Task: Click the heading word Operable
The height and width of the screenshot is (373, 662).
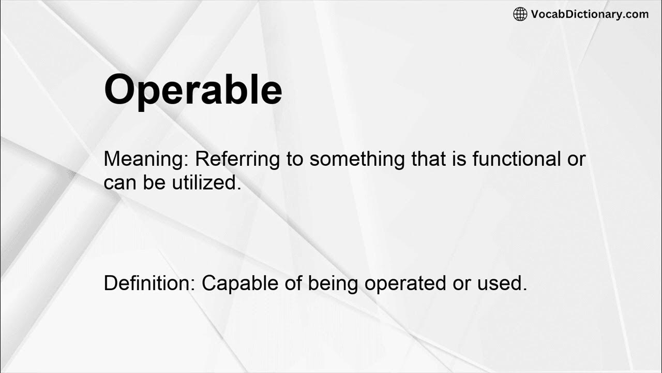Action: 193,90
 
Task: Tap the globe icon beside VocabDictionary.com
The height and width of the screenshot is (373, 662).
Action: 520,15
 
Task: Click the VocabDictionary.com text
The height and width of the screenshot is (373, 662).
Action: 590,15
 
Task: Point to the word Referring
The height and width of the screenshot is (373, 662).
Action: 237,159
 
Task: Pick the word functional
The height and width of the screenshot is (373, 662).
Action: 516,159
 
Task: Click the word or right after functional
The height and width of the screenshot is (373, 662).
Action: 576,159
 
